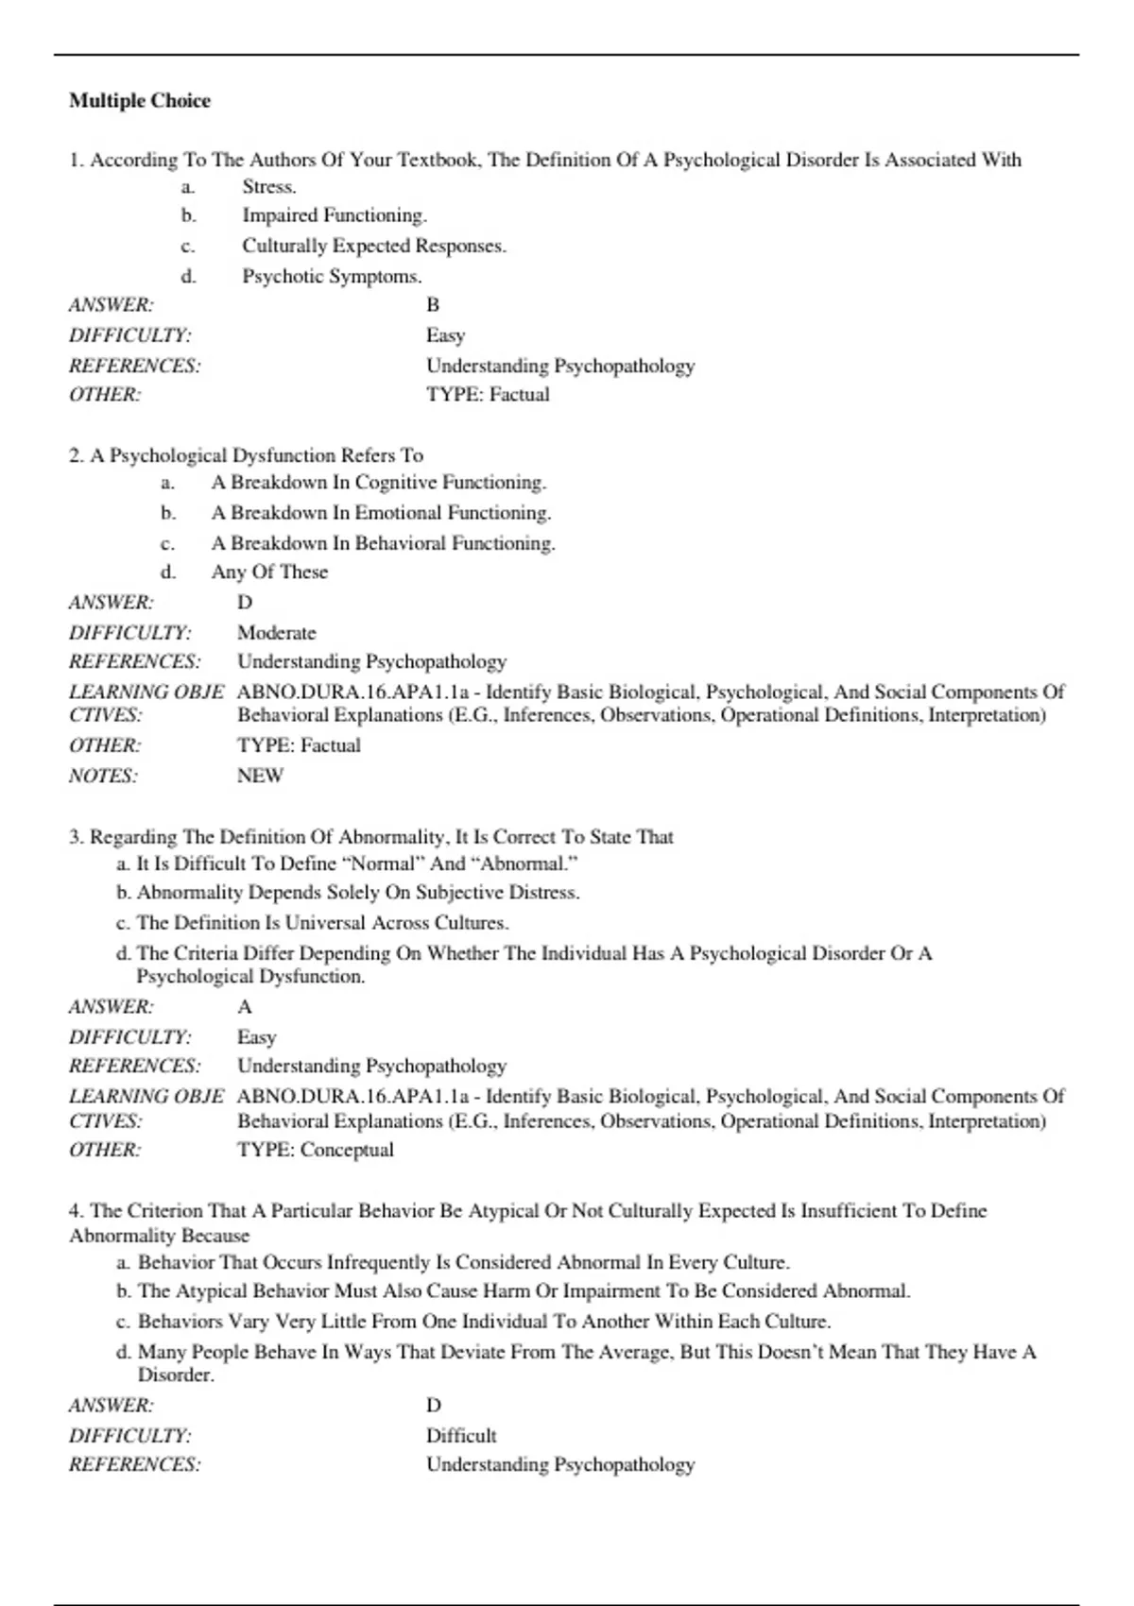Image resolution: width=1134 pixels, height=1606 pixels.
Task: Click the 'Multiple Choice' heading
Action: [140, 101]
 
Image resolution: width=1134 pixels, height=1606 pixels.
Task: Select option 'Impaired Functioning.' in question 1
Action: [335, 215]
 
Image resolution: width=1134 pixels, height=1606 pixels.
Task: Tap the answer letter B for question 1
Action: [433, 305]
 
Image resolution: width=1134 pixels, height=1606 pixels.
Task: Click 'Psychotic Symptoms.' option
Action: [332, 277]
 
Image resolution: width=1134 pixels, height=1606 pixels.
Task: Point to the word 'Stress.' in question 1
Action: [269, 187]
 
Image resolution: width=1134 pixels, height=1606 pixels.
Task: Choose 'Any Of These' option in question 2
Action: [269, 572]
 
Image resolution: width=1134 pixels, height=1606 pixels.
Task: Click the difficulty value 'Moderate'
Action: [276, 633]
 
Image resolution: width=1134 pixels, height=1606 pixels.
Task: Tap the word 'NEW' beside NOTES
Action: [260, 776]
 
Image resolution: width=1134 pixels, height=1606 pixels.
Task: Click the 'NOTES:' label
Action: [103, 777]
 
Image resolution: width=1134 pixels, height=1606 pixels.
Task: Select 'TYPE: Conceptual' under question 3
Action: [315, 1150]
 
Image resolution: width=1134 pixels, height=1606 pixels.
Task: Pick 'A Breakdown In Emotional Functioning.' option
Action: [381, 513]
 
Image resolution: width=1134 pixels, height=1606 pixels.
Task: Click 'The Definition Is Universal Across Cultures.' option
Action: [321, 923]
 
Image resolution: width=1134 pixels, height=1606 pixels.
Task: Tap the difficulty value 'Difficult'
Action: [461, 1436]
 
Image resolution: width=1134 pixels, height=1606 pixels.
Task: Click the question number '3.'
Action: [77, 837]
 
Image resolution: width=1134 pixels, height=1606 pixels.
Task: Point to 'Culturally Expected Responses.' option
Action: [374, 246]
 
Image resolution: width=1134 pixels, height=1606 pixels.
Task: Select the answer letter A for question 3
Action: [245, 1007]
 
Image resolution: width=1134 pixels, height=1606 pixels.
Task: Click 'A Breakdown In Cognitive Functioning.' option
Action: [378, 483]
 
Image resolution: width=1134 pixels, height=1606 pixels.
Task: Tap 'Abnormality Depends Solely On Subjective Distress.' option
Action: [357, 893]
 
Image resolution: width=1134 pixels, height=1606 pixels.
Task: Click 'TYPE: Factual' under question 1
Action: [488, 395]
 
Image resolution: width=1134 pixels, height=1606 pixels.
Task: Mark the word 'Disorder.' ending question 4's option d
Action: [176, 1375]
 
